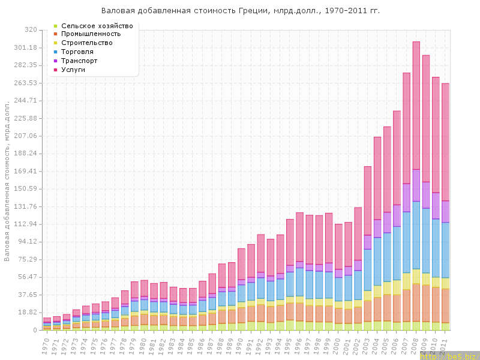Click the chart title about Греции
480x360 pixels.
tap(240, 11)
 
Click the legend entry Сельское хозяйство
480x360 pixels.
tap(97, 26)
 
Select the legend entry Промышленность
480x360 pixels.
tap(91, 34)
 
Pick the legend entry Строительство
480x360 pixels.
tap(86, 43)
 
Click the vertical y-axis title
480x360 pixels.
tap(7, 180)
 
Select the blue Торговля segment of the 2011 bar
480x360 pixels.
tap(445, 250)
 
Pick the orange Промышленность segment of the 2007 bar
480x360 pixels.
tap(406, 305)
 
